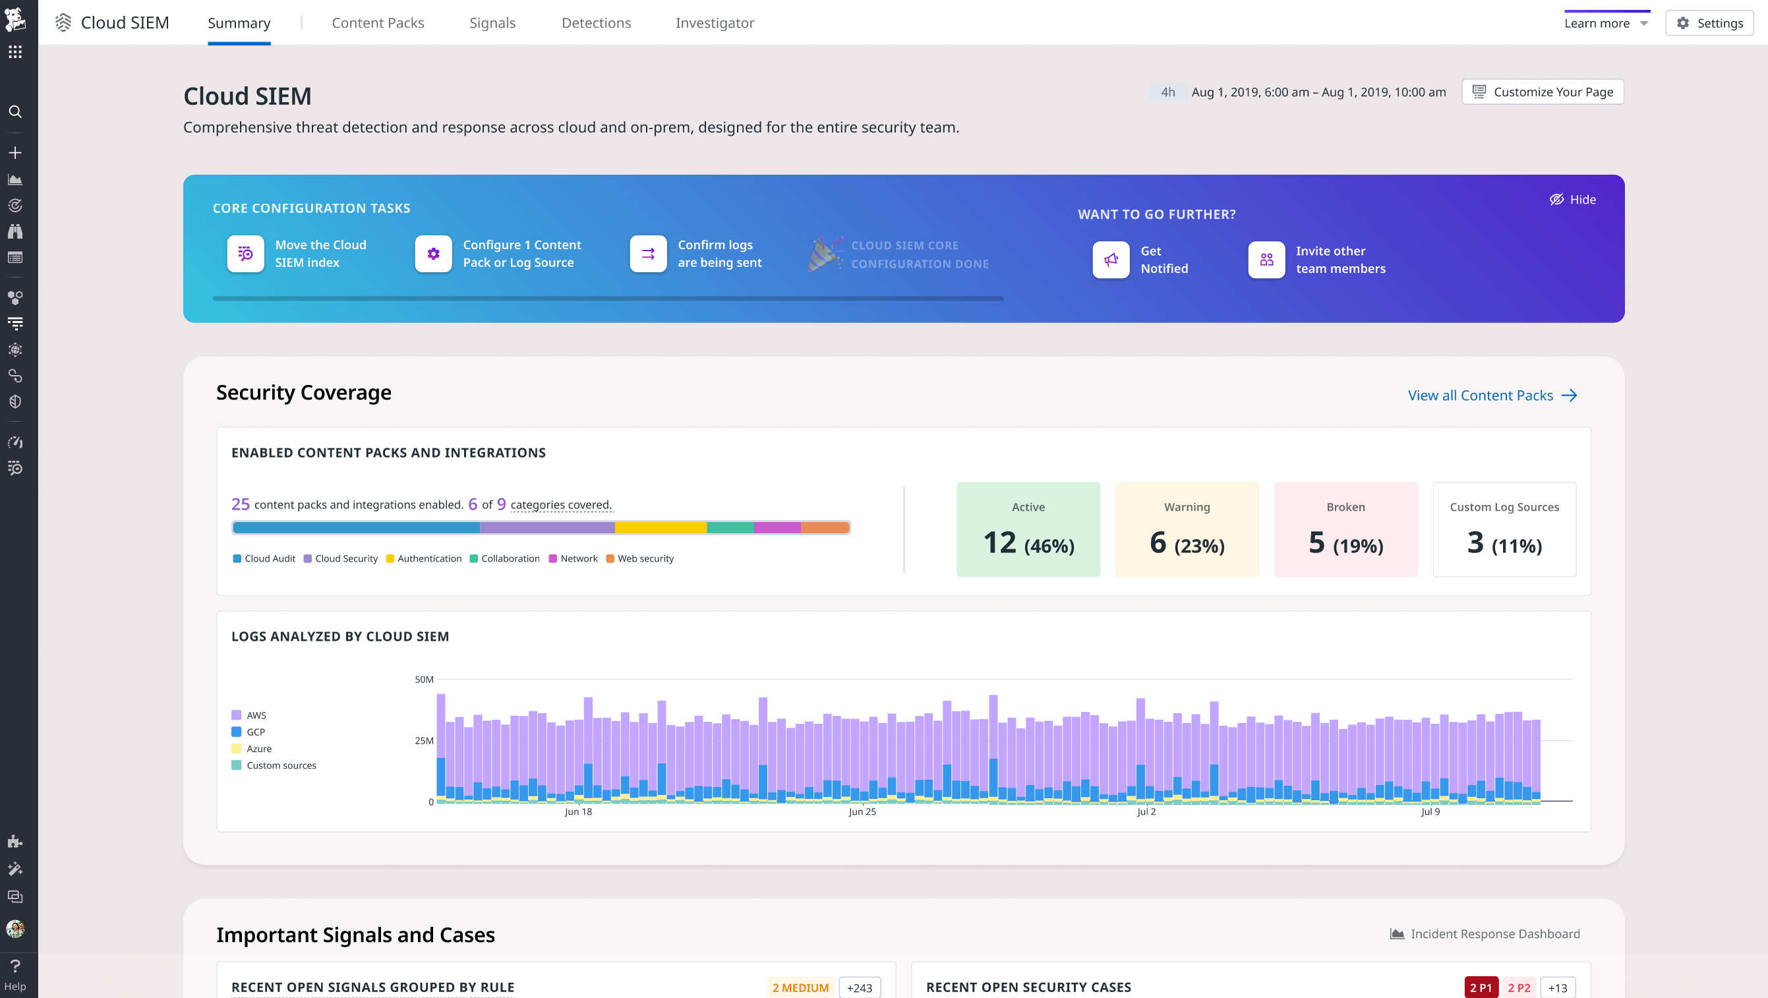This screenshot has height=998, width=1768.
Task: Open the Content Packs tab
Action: tap(378, 22)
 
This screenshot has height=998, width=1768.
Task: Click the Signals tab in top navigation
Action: tap(492, 22)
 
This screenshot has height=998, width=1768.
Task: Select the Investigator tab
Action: tap(715, 22)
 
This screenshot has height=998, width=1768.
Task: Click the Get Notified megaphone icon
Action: tap(1111, 260)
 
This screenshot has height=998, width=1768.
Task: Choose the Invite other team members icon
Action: tap(1266, 260)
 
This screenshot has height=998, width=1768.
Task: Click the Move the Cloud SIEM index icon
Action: tap(246, 254)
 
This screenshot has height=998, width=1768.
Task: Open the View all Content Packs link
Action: tap(1492, 396)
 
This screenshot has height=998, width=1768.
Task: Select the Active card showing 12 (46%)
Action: tap(1028, 529)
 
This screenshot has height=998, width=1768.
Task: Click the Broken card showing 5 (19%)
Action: tap(1345, 529)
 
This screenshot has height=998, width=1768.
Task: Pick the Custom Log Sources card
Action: tap(1504, 529)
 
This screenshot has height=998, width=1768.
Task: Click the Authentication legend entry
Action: tap(423, 559)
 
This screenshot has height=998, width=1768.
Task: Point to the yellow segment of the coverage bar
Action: tap(661, 528)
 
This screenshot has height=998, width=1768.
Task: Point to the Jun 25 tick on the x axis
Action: tap(862, 811)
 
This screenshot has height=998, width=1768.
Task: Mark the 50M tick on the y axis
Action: tap(424, 680)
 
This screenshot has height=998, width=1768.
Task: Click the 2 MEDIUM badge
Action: tap(800, 987)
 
